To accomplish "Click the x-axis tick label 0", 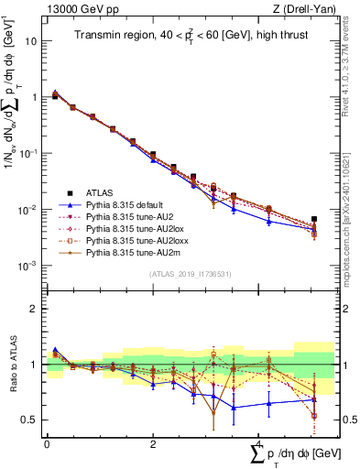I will tap(47, 443).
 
